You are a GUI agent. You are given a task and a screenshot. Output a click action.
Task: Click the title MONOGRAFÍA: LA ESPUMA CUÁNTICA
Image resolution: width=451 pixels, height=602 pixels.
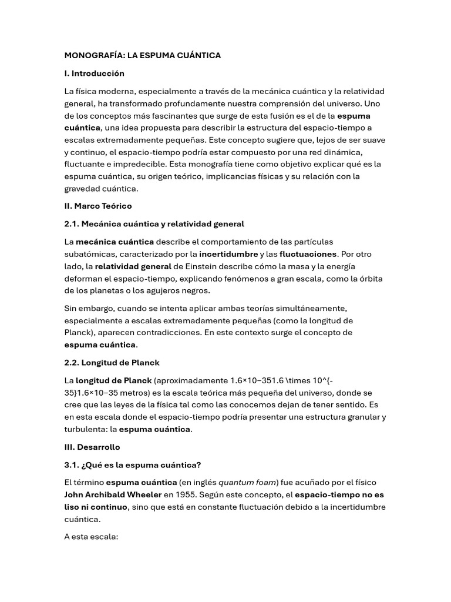[142, 55]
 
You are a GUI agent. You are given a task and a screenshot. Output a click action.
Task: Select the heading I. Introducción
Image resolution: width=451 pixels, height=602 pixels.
[94, 73]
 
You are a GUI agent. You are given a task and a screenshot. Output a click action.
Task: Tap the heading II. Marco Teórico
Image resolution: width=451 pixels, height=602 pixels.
[97, 206]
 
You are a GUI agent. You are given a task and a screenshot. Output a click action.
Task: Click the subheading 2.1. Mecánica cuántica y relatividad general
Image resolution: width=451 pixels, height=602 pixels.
[154, 224]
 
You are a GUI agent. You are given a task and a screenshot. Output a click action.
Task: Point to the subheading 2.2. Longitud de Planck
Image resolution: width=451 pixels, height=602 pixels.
[112, 362]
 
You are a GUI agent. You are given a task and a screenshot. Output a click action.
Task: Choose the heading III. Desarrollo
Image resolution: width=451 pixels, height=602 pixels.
[92, 447]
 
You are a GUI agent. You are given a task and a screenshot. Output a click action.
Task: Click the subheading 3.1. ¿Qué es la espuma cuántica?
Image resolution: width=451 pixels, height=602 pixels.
[132, 465]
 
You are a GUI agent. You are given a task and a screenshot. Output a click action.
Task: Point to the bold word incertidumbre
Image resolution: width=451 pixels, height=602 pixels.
[228, 254]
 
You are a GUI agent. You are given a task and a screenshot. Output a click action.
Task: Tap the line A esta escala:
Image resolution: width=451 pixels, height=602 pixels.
[91, 537]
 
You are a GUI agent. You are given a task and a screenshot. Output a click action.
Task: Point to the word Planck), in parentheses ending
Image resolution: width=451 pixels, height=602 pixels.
[81, 332]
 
